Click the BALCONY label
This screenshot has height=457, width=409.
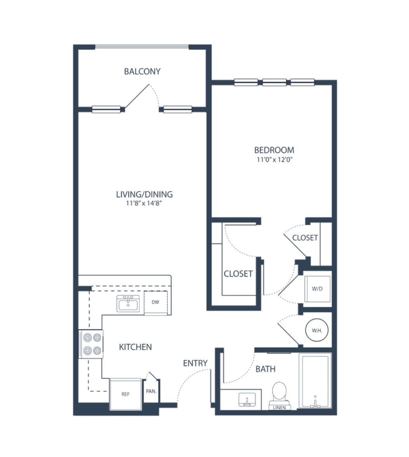tap(142, 72)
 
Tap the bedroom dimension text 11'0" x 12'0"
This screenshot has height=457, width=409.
tap(274, 159)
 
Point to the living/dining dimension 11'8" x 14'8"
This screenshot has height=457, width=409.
tap(144, 203)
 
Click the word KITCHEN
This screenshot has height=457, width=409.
tap(135, 347)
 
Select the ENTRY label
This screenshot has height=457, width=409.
tap(195, 363)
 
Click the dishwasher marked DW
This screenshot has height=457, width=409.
tap(156, 302)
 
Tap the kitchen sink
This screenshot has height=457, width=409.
tap(128, 304)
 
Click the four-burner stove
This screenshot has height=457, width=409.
tap(91, 344)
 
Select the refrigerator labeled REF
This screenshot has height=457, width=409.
tap(125, 394)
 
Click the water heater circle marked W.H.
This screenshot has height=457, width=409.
tap(317, 330)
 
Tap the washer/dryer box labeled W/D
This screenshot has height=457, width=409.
tap(317, 289)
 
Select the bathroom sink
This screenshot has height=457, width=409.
tap(247, 399)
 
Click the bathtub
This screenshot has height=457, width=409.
tap(315, 381)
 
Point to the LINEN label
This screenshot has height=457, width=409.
tap(279, 408)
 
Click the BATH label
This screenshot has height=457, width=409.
tap(265, 369)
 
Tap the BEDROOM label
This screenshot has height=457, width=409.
tap(274, 150)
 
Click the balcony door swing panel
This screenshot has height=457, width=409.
tap(137, 96)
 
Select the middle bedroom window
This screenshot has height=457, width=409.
tap(274, 82)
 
